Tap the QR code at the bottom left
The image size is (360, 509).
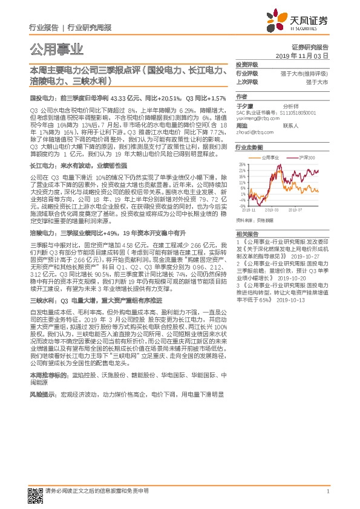pos(36,493)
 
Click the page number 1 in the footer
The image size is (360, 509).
pos(327,492)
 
